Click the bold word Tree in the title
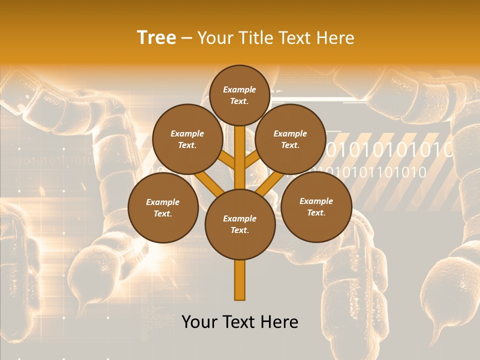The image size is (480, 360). tap(156, 38)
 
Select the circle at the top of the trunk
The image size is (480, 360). tap(239, 95)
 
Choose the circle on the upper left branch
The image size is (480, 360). tap(187, 139)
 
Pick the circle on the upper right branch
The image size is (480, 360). tap(290, 139)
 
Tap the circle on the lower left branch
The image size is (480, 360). tap(163, 207)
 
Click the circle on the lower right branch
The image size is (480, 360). tap(316, 206)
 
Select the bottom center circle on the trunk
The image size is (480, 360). tap(240, 224)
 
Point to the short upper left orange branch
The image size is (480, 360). tap(227, 160)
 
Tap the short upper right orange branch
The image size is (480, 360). tap(252, 160)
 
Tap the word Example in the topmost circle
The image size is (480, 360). tap(239, 89)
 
